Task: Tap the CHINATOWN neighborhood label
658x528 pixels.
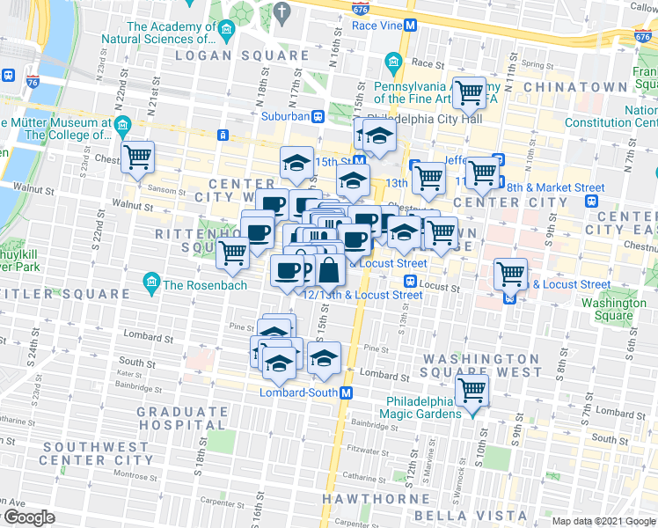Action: coord(575,87)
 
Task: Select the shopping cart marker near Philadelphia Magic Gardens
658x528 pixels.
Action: coord(472,391)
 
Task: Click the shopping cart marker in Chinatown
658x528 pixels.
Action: coord(469,92)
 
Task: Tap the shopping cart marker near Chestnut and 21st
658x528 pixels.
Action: coord(138,158)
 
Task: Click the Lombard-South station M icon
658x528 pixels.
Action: coord(347,392)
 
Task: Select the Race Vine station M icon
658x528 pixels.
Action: coord(409,26)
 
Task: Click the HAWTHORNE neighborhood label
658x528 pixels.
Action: coord(368,498)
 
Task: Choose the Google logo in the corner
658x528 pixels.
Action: coord(28,517)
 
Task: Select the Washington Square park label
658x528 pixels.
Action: coord(614,309)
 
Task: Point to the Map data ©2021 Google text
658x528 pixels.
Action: coord(603,521)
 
